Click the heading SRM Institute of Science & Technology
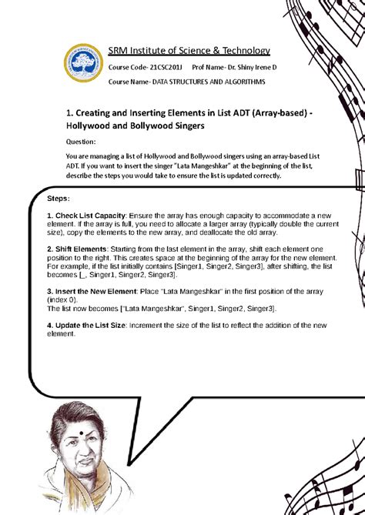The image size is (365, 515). coord(189,51)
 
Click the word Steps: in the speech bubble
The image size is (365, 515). coord(59,199)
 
